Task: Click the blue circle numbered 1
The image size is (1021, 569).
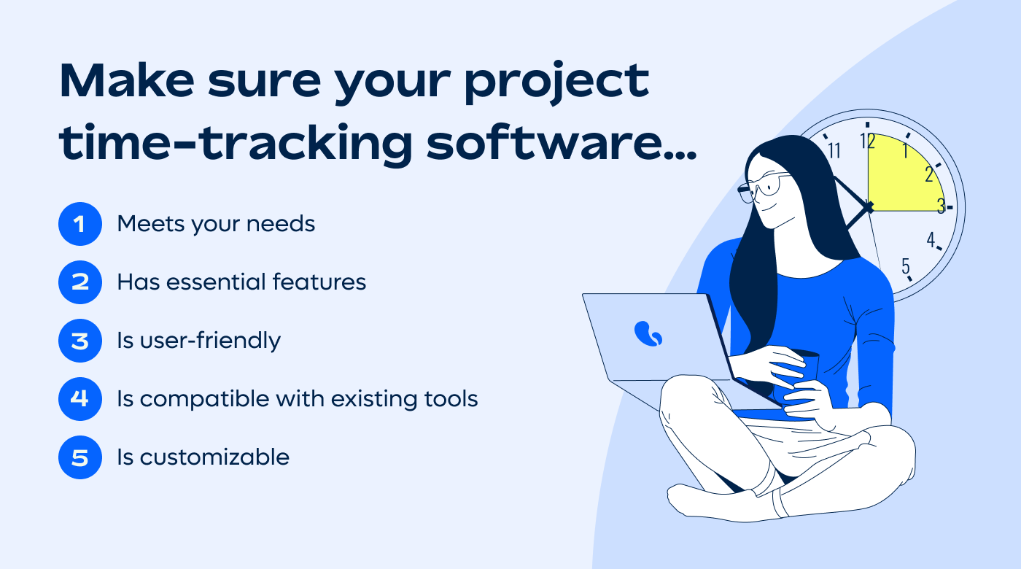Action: click(x=79, y=224)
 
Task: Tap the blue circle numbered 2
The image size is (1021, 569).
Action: click(x=79, y=282)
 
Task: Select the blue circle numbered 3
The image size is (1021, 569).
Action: click(x=79, y=341)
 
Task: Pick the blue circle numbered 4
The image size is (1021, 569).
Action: click(x=79, y=399)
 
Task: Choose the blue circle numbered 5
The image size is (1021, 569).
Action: click(x=79, y=457)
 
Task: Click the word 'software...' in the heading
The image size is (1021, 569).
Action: click(x=561, y=142)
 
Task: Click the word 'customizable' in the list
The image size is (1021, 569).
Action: click(x=214, y=457)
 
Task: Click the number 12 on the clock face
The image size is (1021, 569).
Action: click(x=868, y=142)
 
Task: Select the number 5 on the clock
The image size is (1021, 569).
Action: click(x=906, y=266)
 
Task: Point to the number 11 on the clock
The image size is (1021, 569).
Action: click(x=834, y=151)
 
